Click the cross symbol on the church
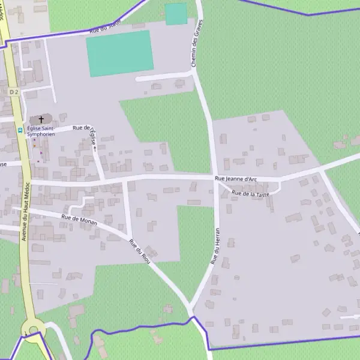[x=41, y=120]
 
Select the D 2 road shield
[x=14, y=91]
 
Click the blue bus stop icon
[x=20, y=130]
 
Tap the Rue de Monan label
[x=79, y=219]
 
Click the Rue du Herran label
[x=215, y=247]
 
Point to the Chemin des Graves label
[x=197, y=43]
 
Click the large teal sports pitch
[x=119, y=53]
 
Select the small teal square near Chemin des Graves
[x=176, y=14]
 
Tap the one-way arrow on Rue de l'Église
[x=94, y=148]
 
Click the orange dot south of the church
[x=34, y=145]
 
